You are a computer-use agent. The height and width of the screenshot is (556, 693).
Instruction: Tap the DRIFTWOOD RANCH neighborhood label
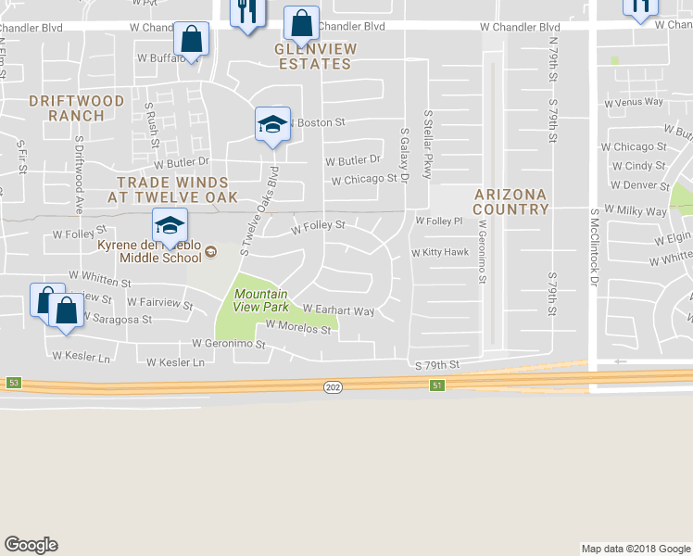66,107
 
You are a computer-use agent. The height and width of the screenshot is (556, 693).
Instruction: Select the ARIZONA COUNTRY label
510,201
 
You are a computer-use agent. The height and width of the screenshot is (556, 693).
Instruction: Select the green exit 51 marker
436,385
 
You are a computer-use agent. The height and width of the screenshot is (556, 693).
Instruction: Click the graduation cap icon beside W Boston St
272,125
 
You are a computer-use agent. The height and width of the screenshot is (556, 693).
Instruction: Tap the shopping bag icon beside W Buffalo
191,40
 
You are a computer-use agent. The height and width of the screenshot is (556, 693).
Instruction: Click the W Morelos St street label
298,326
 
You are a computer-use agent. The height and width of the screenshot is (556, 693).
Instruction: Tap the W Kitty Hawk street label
440,252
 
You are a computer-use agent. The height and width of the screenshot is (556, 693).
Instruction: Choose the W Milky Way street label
635,211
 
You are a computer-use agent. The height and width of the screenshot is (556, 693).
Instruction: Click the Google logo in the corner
31,545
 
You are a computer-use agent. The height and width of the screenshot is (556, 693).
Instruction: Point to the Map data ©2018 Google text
634,549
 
